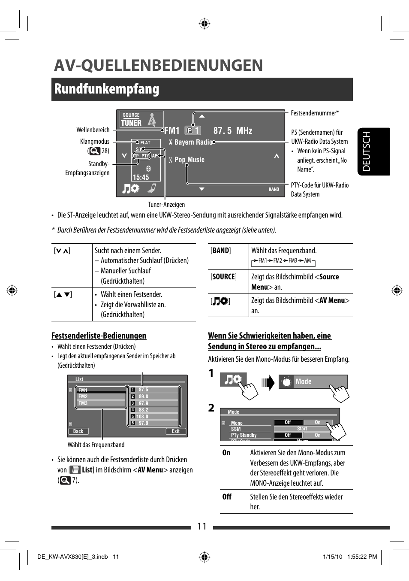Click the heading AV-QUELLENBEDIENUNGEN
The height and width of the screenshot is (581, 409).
pos(158,65)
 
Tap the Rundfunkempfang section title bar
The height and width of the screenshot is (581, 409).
pos(201,89)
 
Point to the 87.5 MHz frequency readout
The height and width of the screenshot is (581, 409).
pos(233,130)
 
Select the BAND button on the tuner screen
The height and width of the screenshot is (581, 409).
pos(274,189)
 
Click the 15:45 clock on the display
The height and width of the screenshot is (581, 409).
pos(141,177)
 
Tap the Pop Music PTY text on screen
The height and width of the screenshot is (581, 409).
pos(189,160)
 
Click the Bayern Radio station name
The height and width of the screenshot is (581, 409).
pos(193,142)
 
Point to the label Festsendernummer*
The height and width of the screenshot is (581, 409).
pos(314,113)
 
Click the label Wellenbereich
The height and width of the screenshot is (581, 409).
pos(93,130)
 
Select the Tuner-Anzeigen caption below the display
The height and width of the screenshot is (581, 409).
pos(166,205)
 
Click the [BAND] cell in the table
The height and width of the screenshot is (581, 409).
pos(221,251)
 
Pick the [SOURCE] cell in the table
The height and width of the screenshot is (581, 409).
pos(223,277)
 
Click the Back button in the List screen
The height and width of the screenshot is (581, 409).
pos(78,431)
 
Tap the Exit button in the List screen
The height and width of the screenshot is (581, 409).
pos(176,431)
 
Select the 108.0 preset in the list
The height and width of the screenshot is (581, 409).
pos(143,416)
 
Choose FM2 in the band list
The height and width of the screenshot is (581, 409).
pos(83,396)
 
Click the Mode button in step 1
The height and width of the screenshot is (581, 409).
pos(313,381)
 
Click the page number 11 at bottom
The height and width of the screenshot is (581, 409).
pos(202,527)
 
